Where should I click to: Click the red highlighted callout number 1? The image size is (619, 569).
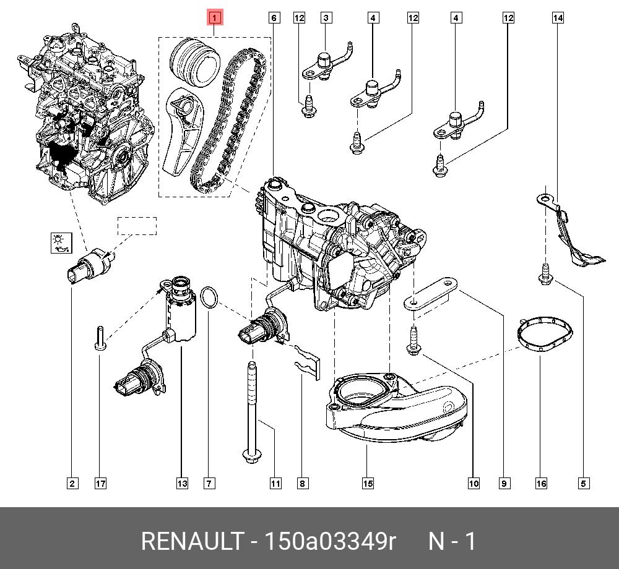214,18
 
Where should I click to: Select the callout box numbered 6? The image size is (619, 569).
274,18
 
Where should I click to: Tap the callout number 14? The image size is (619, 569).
558,18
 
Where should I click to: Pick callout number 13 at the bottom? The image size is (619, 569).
181,483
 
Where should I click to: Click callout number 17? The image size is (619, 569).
100,483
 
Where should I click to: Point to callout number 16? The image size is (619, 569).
541,483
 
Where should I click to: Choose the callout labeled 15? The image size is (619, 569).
367,483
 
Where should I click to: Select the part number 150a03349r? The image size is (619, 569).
330,541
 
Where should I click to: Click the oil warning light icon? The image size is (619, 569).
60,242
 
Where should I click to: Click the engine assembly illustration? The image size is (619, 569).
87,111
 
